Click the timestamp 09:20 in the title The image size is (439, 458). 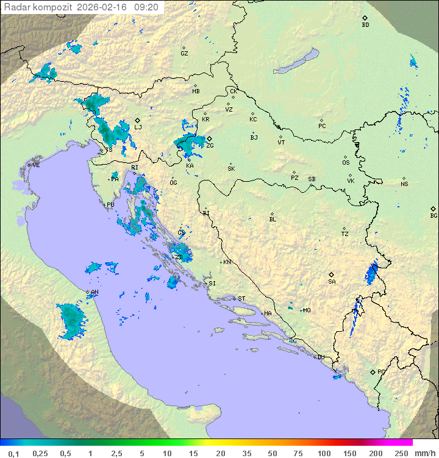pyautogui.click(x=146, y=7)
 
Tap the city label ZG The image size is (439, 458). pyautogui.click(x=210, y=146)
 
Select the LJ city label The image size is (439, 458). pyautogui.click(x=138, y=127)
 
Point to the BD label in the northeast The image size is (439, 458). pyautogui.click(x=365, y=25)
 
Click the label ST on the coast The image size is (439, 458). pyautogui.click(x=241, y=299)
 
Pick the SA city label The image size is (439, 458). pyautogui.click(x=332, y=282)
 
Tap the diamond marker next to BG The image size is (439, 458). pyautogui.click(x=433, y=209)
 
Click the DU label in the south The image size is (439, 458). pyautogui.click(x=321, y=357)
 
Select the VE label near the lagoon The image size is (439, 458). pyautogui.click(x=36, y=165)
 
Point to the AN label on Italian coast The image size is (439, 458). pyautogui.click(x=95, y=292)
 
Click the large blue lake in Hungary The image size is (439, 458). pyautogui.click(x=297, y=61)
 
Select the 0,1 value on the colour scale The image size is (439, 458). pyautogui.click(x=13, y=453)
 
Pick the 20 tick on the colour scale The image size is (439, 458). pyautogui.click(x=220, y=453)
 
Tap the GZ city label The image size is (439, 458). pyautogui.click(x=184, y=54)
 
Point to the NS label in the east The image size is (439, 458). pyautogui.click(x=404, y=184)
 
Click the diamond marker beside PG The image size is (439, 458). pyautogui.click(x=373, y=372)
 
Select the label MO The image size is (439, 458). pyautogui.click(x=307, y=310)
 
